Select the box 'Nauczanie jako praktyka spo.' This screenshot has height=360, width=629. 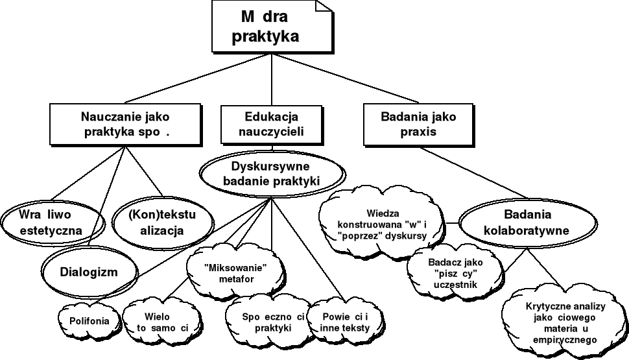pyautogui.click(x=123, y=124)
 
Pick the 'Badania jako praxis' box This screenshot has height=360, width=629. pyautogui.click(x=418, y=124)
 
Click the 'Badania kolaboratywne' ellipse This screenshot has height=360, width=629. pyautogui.click(x=526, y=222)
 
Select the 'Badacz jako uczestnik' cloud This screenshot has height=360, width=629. pyautogui.click(x=452, y=274)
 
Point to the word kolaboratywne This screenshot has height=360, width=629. pyautogui.click(x=526, y=230)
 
